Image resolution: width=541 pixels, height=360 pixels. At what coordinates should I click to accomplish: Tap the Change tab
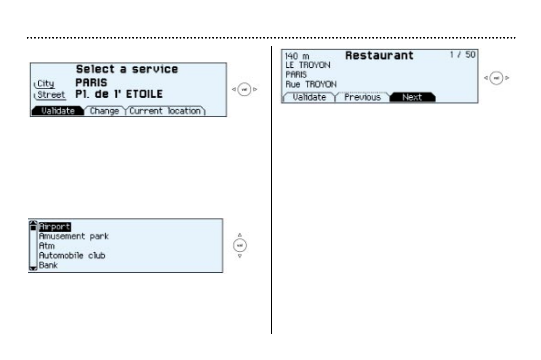pos(105,111)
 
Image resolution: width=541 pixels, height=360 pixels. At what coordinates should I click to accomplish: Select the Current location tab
pos(165,111)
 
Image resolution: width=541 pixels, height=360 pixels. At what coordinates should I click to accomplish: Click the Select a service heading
pos(127,70)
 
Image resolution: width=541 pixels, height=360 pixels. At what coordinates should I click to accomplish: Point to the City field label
pos(45,84)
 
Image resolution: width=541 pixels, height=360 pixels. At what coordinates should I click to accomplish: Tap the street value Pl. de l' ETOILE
pos(119,95)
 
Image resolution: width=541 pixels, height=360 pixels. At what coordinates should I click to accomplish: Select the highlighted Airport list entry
pos(55,226)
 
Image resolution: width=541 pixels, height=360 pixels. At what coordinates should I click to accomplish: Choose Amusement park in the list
pos(74,236)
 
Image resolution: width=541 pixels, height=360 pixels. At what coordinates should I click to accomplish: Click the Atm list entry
pos(46,246)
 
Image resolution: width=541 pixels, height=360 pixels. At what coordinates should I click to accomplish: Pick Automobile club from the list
pos(72,255)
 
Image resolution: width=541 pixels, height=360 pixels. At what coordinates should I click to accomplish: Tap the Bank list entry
pos(48,265)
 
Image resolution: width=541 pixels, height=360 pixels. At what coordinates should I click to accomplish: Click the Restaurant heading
pos(380,55)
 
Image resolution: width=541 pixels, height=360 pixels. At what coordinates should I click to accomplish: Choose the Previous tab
pos(362,97)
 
